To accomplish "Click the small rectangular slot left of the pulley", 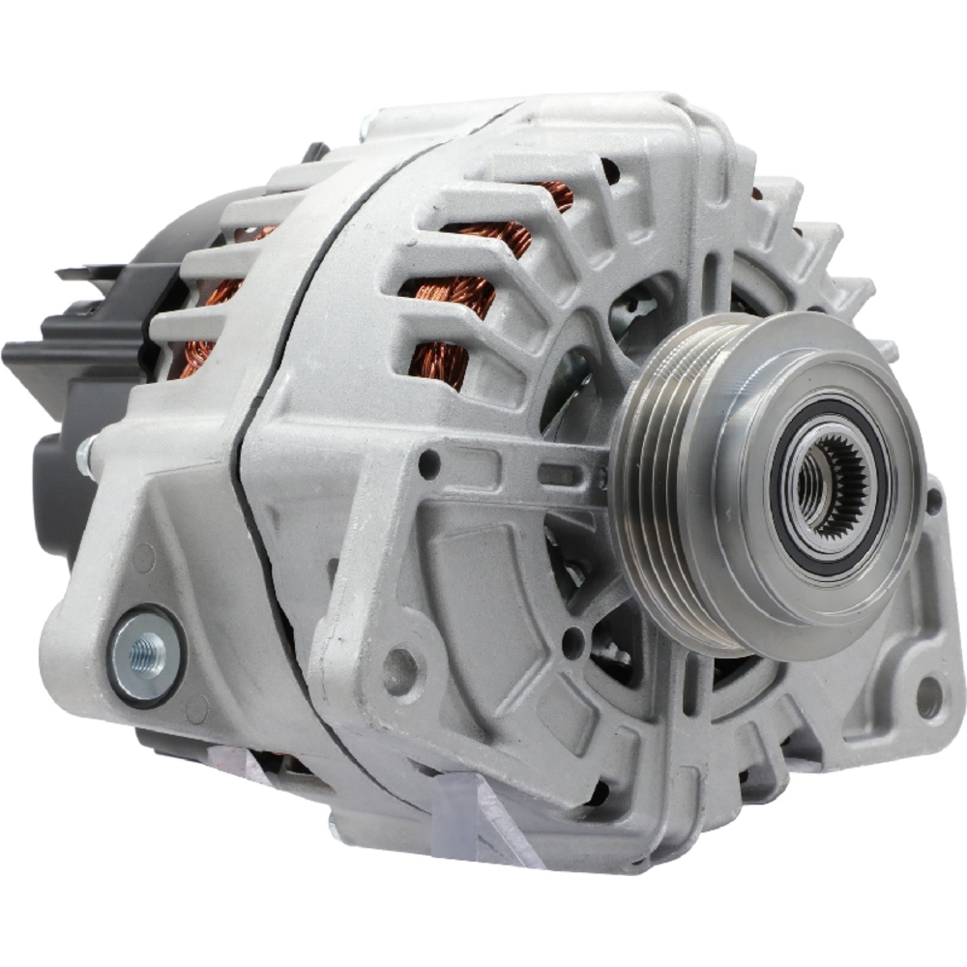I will pos(556,474).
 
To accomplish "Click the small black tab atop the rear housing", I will pos(315,152).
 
